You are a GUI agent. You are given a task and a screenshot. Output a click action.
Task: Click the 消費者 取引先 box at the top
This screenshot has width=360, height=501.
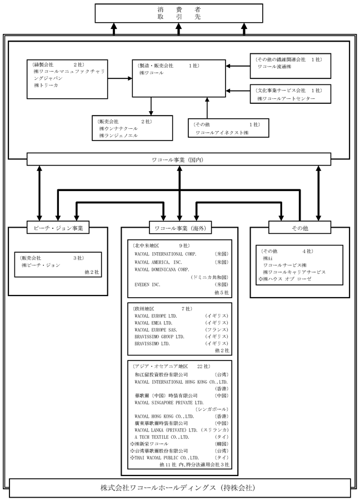tap(179, 13)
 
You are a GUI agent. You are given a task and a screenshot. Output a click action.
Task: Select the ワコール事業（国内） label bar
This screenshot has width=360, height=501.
tap(179, 159)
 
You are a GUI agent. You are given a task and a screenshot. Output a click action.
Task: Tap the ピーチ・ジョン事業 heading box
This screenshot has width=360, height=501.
tap(58, 228)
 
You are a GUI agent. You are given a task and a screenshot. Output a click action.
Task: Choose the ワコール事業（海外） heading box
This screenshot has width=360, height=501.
tap(181, 228)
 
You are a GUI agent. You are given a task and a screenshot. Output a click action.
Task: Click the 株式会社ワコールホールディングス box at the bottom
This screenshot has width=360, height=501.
tap(180, 488)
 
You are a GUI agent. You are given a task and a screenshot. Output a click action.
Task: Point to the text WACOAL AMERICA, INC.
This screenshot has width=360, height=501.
tap(158, 262)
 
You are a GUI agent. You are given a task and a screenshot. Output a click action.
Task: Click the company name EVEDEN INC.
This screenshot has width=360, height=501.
tap(147, 285)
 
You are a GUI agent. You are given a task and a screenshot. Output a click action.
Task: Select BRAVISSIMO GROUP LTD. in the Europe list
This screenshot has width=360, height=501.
tap(159, 337)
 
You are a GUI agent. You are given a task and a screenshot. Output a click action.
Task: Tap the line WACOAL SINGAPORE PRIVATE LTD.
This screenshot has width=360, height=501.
tap(169, 403)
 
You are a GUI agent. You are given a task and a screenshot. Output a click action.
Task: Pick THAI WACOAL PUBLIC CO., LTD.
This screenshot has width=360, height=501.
tap(164, 458)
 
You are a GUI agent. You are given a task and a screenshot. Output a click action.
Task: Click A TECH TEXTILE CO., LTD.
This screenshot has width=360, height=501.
tap(162, 437)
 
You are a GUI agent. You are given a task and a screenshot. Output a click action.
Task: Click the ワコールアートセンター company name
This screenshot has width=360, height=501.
tap(286, 99)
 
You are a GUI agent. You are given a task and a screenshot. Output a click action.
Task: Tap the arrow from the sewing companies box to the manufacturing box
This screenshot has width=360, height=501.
tap(120, 78)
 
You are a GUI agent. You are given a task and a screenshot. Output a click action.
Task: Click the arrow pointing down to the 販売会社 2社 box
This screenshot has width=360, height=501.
tap(151, 106)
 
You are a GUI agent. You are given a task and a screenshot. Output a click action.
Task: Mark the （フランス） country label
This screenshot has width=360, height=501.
tap(217, 330)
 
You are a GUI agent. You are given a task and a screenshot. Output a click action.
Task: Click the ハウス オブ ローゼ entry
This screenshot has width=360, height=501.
tap(284, 279)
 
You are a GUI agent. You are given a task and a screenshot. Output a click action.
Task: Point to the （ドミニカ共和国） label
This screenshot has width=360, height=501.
tap(209, 277)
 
